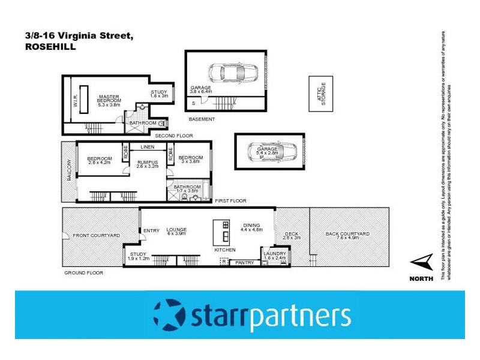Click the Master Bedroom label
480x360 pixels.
[109, 99]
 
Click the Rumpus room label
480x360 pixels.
[147, 163]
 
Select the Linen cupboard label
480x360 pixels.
[148, 147]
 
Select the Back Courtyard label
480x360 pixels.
[347, 234]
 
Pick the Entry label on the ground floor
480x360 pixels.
[151, 230]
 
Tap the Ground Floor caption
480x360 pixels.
[83, 273]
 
